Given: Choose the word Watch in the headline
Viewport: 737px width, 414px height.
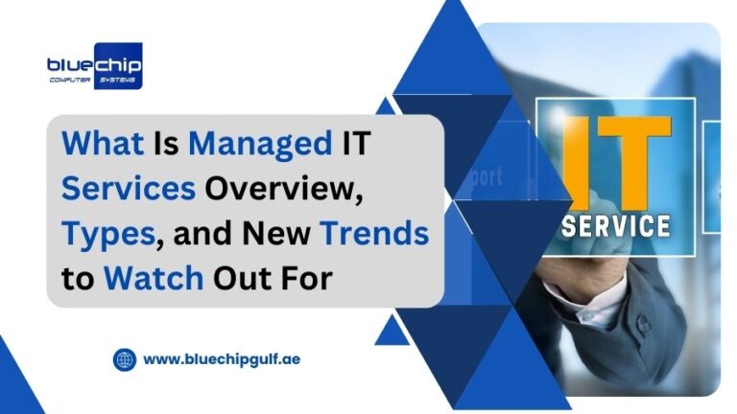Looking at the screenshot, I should point(154,278).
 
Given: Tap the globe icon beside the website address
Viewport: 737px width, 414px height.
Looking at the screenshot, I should point(125,359).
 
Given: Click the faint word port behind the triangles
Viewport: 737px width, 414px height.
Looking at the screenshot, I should point(484,177).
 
